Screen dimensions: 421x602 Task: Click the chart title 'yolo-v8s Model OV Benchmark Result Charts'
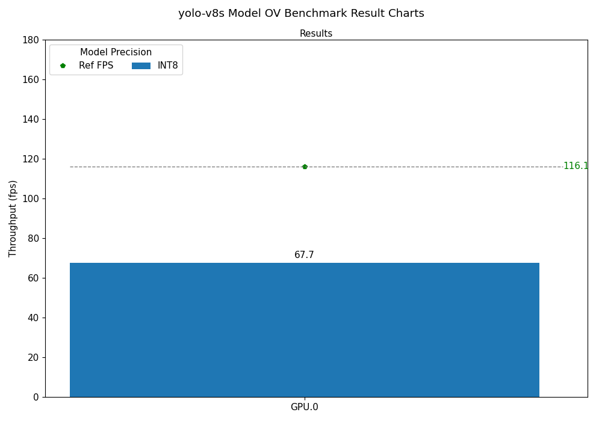[301, 13]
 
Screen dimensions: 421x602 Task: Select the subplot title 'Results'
[316, 34]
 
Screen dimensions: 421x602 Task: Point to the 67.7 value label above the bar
[304, 255]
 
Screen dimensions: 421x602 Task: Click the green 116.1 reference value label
[576, 166]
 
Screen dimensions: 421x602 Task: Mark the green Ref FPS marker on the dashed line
[305, 167]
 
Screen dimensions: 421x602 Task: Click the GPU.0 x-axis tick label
[304, 407]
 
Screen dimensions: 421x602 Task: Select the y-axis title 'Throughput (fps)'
[13, 218]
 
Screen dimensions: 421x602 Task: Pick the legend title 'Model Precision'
[116, 52]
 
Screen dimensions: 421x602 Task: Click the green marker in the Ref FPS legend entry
[63, 66]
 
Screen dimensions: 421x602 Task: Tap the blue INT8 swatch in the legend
[141, 66]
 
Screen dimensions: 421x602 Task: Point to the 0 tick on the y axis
[36, 397]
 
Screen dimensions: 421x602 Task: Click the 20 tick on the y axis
[33, 357]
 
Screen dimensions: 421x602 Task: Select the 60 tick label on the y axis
[33, 278]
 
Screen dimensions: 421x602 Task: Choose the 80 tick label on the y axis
[33, 238]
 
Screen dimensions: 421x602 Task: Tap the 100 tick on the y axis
[31, 198]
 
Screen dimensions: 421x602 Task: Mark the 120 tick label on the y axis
[31, 159]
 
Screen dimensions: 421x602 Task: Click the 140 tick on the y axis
[31, 119]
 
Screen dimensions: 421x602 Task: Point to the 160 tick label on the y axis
[31, 79]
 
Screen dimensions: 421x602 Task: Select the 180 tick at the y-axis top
[31, 40]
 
